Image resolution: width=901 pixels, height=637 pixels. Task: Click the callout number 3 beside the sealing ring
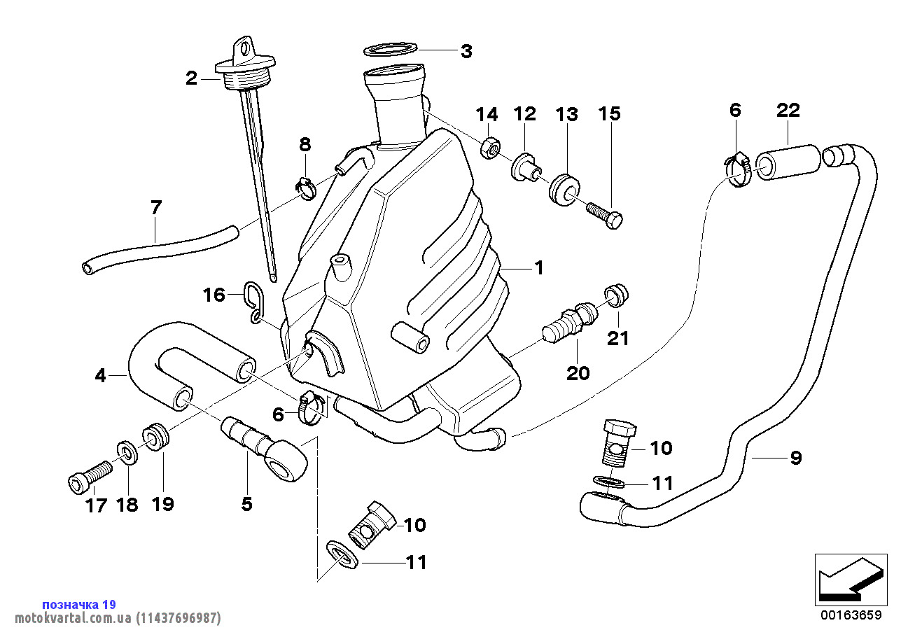(x=466, y=52)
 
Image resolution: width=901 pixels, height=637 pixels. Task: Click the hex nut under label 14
(x=490, y=148)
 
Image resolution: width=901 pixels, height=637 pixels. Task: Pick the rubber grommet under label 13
(x=564, y=190)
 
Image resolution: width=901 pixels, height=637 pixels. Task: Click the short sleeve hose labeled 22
(x=788, y=162)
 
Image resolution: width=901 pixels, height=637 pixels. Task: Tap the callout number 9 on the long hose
(x=795, y=458)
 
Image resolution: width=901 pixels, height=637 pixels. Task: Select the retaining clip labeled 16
(x=255, y=302)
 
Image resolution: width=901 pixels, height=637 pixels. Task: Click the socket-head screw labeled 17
(x=90, y=477)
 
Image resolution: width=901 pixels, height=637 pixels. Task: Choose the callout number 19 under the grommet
(x=162, y=504)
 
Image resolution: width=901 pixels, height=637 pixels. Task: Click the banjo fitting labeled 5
(x=265, y=449)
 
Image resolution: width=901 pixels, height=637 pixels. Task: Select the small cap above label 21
(x=616, y=295)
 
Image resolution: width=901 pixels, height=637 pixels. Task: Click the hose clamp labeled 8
(x=306, y=188)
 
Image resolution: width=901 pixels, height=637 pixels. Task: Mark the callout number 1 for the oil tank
(x=539, y=268)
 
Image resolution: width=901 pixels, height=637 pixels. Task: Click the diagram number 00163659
(x=851, y=615)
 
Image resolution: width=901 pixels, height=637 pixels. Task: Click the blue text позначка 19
(x=79, y=604)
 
